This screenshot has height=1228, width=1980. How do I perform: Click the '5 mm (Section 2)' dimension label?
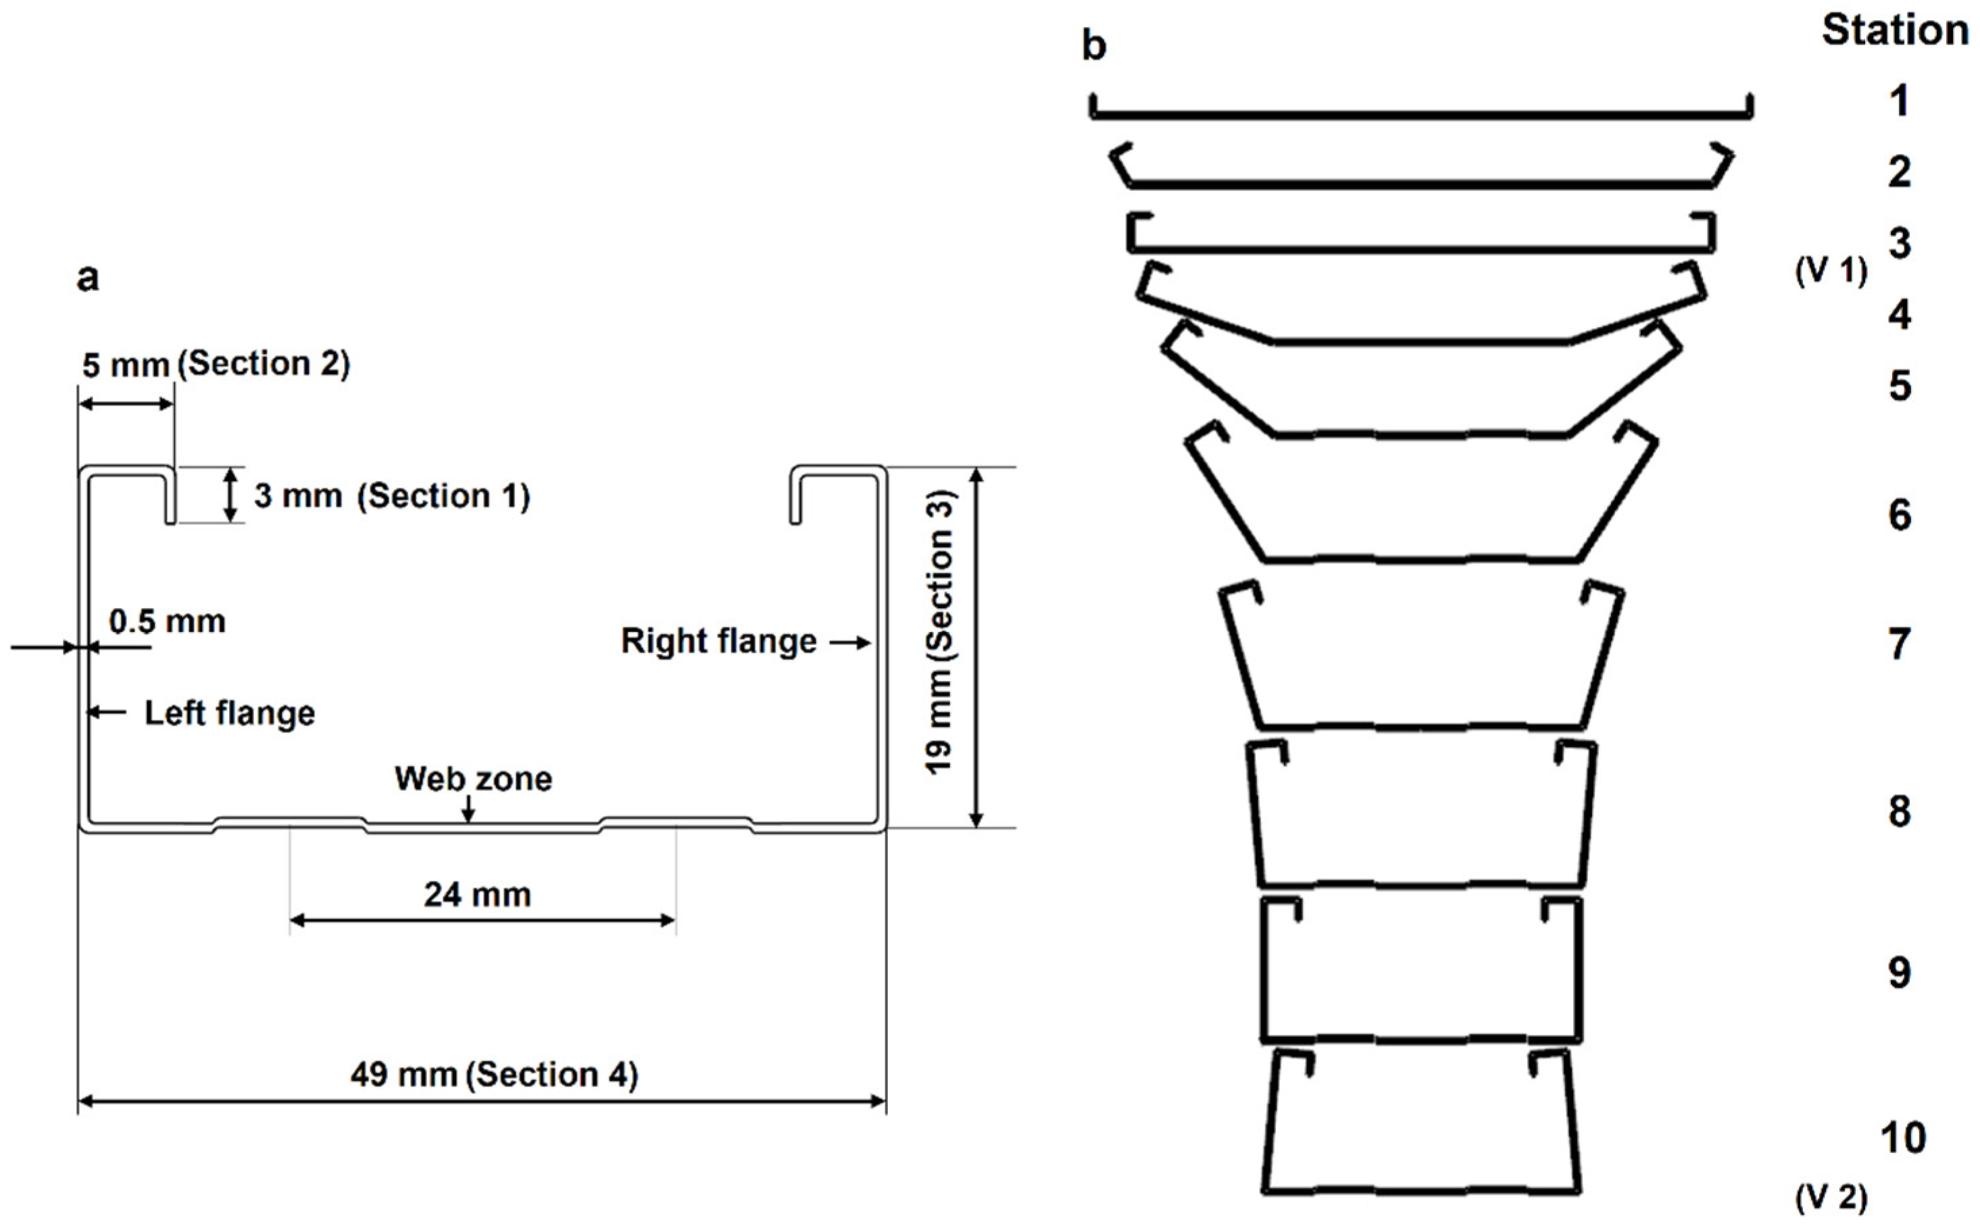click(x=216, y=365)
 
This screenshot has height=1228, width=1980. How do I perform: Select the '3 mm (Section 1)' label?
click(x=392, y=495)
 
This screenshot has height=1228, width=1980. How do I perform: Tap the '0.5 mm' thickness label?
click(x=168, y=622)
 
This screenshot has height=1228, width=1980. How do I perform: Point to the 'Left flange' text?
click(x=229, y=714)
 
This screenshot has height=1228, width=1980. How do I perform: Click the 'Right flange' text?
click(x=718, y=642)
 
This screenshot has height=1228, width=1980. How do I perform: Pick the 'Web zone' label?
click(x=473, y=779)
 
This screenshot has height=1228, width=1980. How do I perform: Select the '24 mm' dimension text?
click(x=478, y=895)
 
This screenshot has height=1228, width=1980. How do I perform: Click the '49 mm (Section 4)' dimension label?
click(x=494, y=1075)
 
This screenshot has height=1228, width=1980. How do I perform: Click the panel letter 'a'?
click(x=88, y=278)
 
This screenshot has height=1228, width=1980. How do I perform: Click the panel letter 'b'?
click(x=1093, y=45)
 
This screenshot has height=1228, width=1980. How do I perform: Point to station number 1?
click(x=1899, y=101)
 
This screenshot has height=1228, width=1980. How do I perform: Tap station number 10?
click(x=1903, y=1138)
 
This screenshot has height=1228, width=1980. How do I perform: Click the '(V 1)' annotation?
click(x=1831, y=270)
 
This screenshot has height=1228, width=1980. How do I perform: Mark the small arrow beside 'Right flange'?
click(x=850, y=643)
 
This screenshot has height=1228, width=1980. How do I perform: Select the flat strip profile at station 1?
click(x=1420, y=115)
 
